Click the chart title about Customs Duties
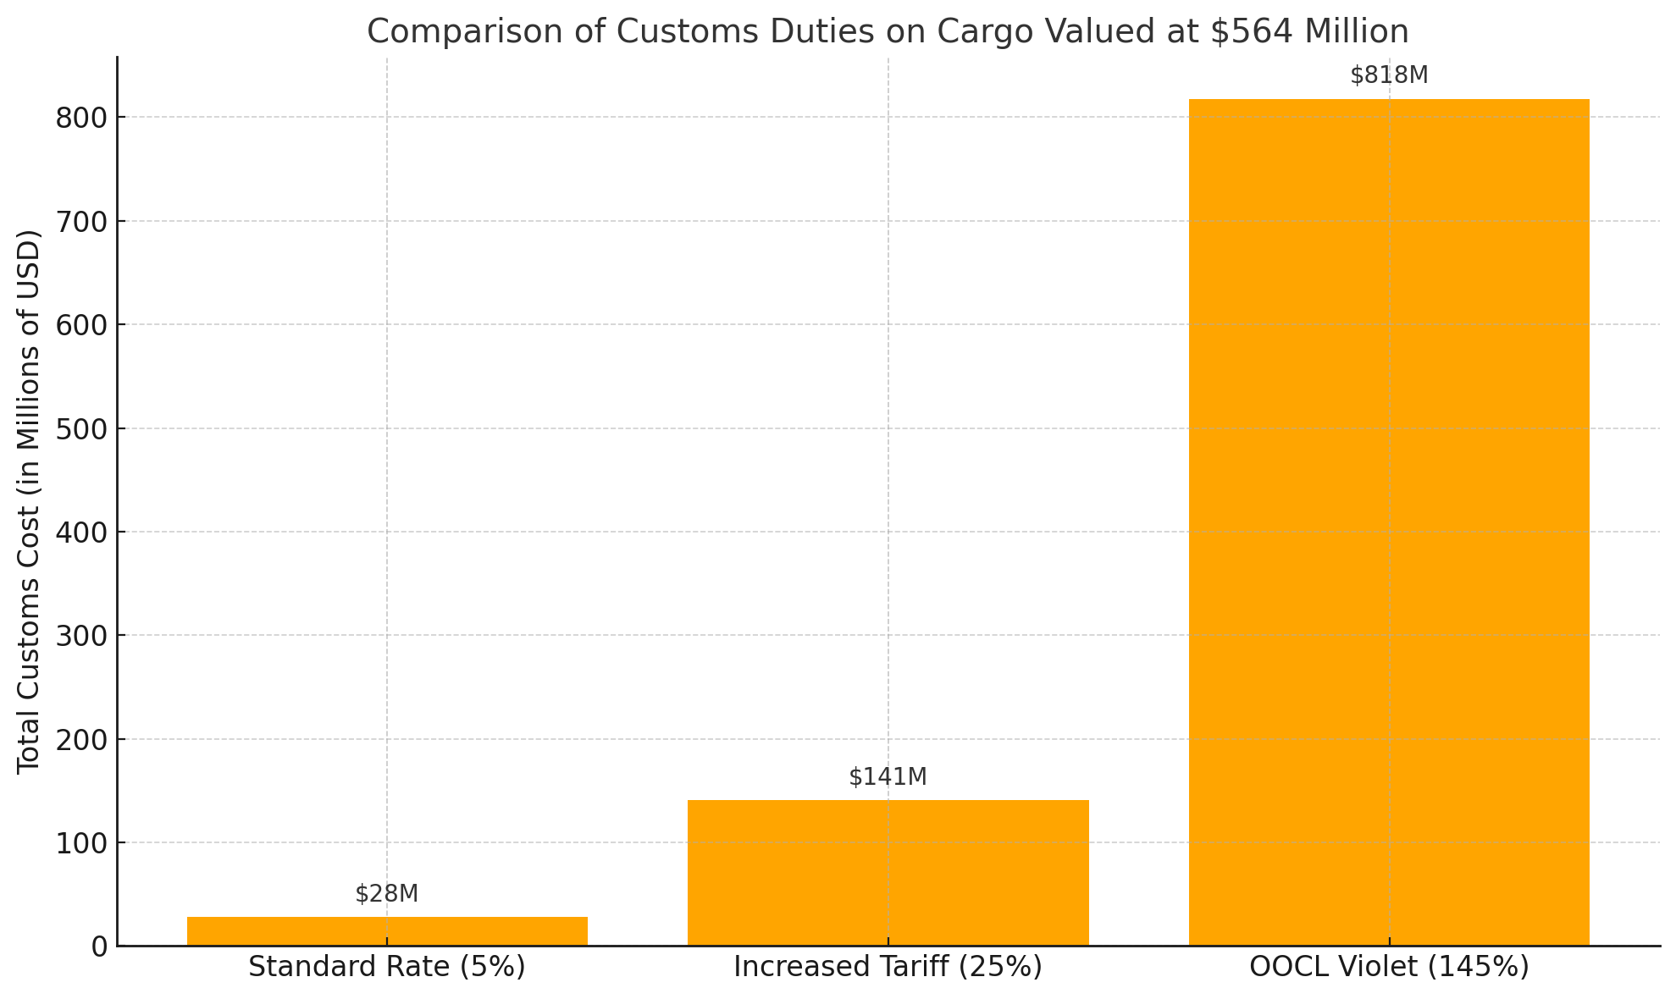pos(888,32)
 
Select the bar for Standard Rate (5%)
pos(387,931)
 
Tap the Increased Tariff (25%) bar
pos(888,873)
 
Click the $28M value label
pos(387,894)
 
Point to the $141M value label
pos(888,777)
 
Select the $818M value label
pos(1389,76)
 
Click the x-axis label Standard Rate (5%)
pos(387,967)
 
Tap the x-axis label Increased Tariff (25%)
pos(888,967)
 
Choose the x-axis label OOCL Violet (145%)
pos(1389,967)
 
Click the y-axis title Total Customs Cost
pos(29,501)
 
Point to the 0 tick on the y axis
pos(100,947)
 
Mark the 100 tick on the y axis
pos(82,843)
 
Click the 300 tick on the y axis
pos(82,636)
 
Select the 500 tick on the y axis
pos(82,428)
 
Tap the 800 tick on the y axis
pos(82,118)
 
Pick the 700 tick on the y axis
pos(82,222)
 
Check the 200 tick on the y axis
pos(82,740)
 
